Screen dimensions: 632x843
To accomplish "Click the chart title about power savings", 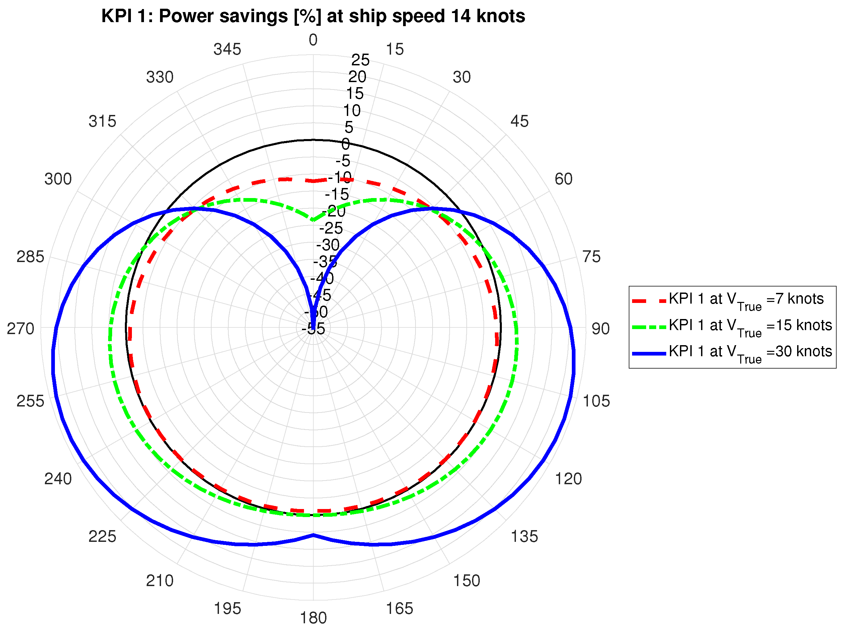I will point(313,16).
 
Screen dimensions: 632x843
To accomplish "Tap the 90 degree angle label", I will point(600,329).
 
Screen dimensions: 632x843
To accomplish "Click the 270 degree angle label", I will point(20,329).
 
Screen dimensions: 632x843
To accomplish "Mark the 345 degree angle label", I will point(227,50).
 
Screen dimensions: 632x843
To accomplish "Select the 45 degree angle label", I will point(520,122).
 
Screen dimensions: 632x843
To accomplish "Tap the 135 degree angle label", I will point(524,536).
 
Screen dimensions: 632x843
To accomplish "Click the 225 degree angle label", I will point(102,536).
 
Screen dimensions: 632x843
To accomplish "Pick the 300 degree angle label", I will point(58,179).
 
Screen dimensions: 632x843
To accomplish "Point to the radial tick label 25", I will point(360,60).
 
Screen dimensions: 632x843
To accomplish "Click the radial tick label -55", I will point(313,329).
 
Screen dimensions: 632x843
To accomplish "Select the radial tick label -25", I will point(331,229).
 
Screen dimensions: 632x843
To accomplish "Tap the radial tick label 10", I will point(352,111).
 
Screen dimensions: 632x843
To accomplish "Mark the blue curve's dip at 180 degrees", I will point(313,535).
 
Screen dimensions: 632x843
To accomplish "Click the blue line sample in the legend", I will point(649,354).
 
